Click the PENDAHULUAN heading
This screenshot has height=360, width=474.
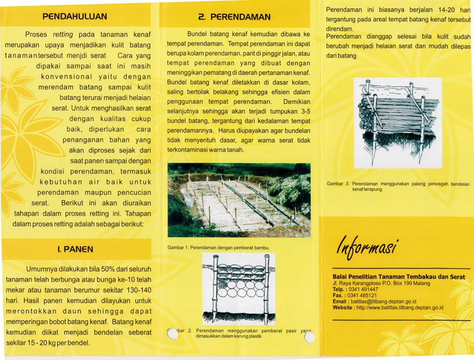[x=74, y=16]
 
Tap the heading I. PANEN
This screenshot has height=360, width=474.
[x=75, y=249]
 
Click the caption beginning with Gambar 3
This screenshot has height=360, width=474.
[x=398, y=186]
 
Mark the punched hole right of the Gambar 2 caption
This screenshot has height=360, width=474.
[x=309, y=338]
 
